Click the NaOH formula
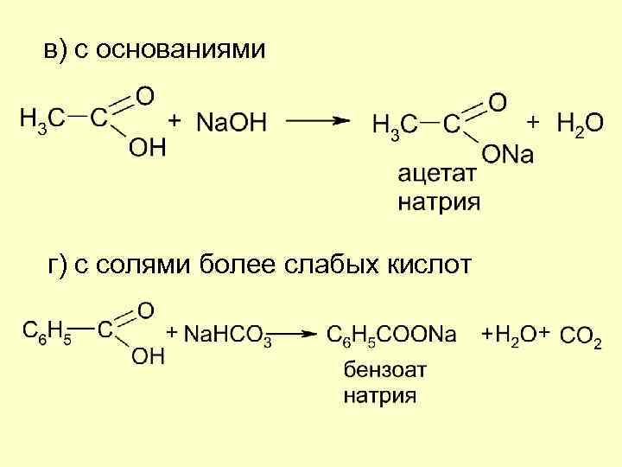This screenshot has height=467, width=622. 232,123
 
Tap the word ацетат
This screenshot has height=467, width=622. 436,175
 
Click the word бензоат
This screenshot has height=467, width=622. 385,370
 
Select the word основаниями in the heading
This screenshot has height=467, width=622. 181,50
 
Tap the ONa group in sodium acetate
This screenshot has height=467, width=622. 508,155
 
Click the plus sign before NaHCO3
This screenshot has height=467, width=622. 172,332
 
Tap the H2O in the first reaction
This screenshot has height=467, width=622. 581,124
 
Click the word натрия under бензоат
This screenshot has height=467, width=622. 380,397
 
